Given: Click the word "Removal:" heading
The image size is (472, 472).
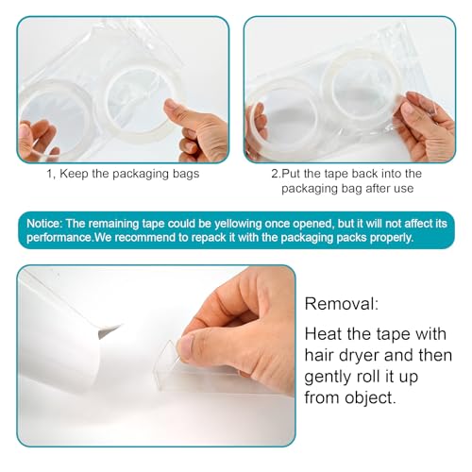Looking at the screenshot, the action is [x=342, y=304].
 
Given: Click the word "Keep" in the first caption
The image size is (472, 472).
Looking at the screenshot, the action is [x=74, y=174].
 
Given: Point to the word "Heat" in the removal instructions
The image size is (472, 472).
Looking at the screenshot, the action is [x=323, y=334].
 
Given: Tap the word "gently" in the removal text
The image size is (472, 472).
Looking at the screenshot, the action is [x=328, y=377].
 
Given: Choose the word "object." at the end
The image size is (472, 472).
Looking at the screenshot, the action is [x=370, y=397].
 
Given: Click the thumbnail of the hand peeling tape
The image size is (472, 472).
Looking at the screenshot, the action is [x=156, y=356].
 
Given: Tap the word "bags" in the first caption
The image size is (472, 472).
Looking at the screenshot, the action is [x=186, y=175].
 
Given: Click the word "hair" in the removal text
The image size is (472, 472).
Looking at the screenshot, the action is [x=319, y=355].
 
